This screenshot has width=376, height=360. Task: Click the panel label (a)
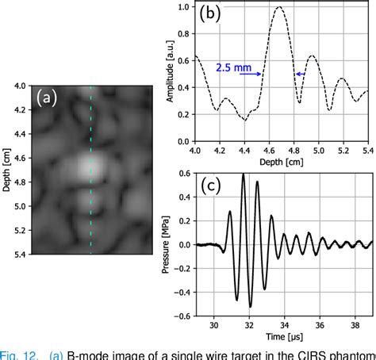coord(47,98)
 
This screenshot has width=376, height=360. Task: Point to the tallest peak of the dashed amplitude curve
coord(279,8)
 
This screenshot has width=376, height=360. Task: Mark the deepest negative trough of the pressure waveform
coord(249,306)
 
